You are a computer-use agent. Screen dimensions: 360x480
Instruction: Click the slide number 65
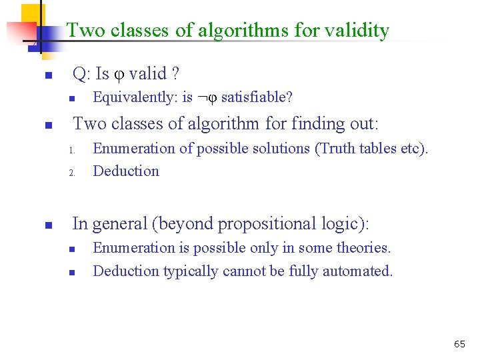(459, 344)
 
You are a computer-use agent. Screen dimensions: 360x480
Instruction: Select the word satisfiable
(256, 98)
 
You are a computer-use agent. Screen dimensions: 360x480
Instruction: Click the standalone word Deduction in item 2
(126, 171)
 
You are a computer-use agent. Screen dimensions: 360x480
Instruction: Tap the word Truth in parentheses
(338, 149)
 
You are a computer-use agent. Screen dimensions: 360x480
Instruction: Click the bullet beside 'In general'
(47, 226)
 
